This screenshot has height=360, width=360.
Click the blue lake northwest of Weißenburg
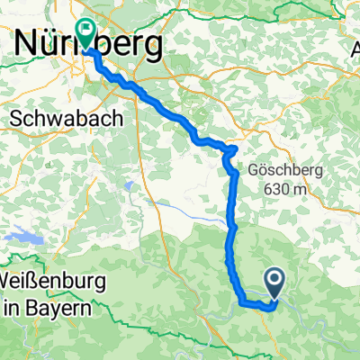click(x=24, y=238)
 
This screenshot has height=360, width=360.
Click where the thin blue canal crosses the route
click(x=228, y=217)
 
